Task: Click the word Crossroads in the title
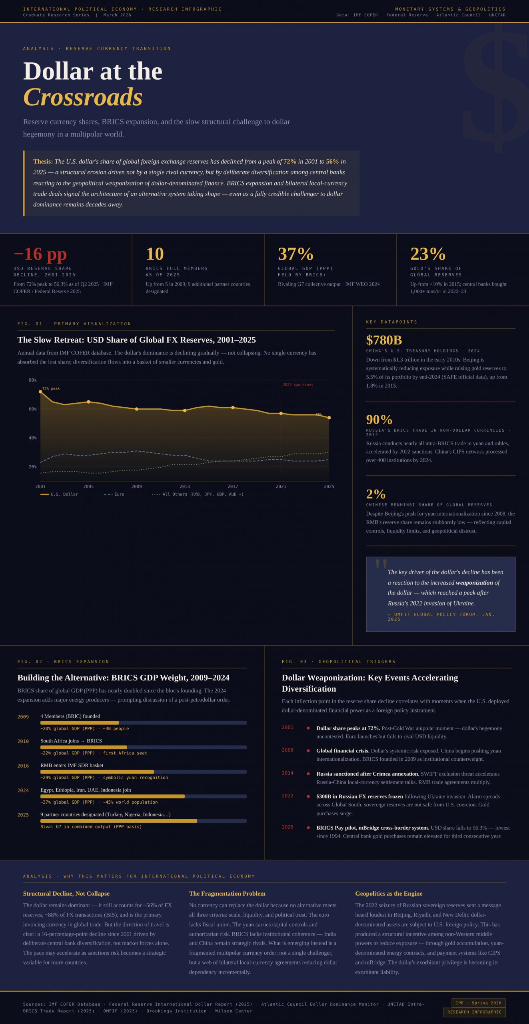tap(83, 97)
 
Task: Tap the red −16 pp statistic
tap(40, 254)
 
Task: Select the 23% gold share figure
tap(427, 254)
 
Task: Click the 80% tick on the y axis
tap(32, 380)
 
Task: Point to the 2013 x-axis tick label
tap(185, 486)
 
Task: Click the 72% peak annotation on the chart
tap(51, 388)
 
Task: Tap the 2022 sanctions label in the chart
tap(298, 385)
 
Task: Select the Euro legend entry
tap(114, 494)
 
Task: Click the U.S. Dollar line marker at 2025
tap(329, 418)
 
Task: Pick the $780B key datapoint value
tap(384, 340)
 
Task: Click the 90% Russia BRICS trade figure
tap(379, 419)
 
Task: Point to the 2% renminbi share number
tap(376, 494)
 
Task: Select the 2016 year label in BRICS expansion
tap(23, 766)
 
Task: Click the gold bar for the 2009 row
tap(80, 723)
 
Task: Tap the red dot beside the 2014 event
tap(308, 774)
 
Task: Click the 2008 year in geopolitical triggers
tap(287, 750)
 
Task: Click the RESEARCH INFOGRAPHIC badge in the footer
tap(474, 1012)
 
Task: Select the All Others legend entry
tap(198, 494)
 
